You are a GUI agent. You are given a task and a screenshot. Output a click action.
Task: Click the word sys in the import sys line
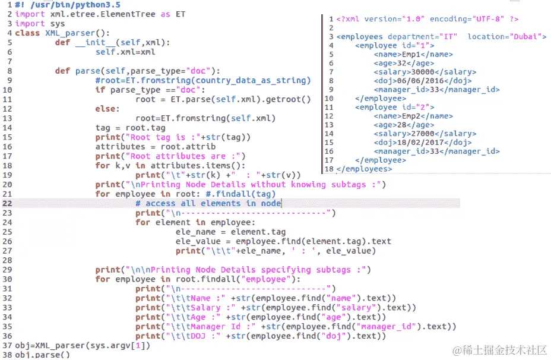click(58, 24)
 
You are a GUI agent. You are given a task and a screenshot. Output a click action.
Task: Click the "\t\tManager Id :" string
click(211, 327)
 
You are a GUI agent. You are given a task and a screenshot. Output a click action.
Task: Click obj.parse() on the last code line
click(42, 355)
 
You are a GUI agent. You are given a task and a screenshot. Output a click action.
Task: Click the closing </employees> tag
click(364, 169)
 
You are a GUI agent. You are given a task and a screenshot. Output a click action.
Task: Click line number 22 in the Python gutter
click(7, 204)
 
